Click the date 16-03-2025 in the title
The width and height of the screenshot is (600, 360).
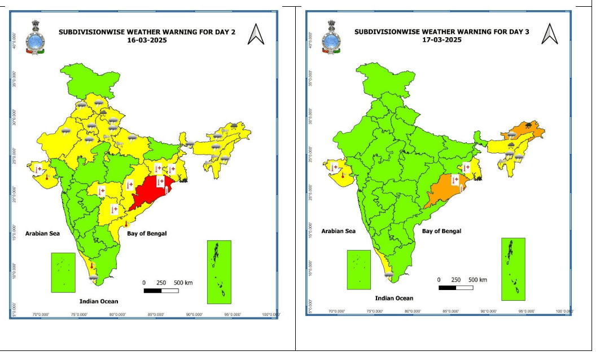pos(146,41)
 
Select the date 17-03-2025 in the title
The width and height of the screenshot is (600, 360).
pos(442,40)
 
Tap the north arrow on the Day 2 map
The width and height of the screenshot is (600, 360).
pos(256,35)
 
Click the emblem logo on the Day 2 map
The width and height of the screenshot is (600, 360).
pos(36,37)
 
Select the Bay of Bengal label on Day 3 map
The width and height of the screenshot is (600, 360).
pos(441,231)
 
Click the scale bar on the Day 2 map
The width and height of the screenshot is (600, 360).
pos(161,291)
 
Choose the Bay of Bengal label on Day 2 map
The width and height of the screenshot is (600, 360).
pos(147,233)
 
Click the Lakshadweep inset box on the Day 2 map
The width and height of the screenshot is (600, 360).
pos(63,273)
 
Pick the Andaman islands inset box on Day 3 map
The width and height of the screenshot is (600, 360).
pos(513,269)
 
